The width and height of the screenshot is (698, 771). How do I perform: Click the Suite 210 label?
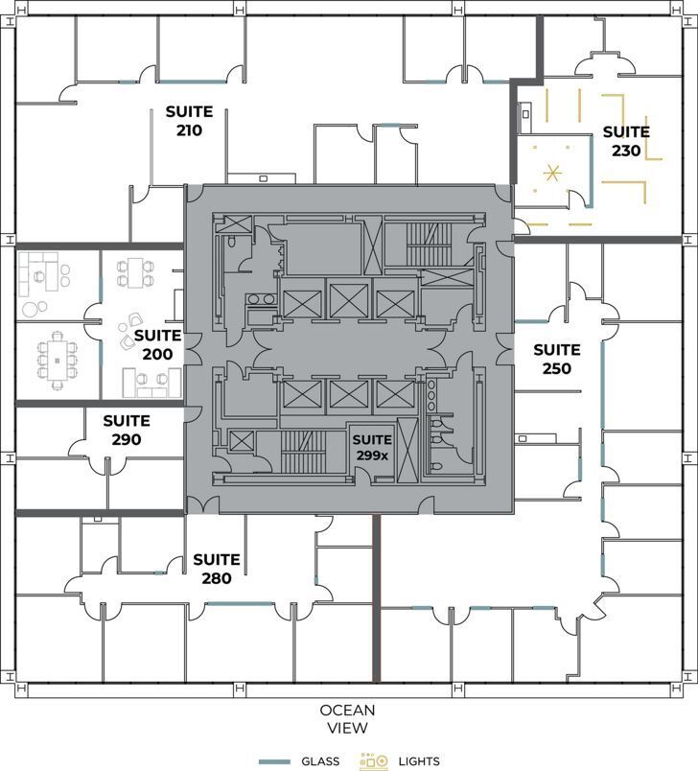tap(189, 121)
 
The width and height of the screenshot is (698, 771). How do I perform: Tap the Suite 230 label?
tap(625, 141)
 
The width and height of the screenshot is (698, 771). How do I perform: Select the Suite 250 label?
tap(556, 359)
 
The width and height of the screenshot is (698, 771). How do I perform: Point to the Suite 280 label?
tap(216, 569)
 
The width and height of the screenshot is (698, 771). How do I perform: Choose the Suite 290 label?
tap(126, 430)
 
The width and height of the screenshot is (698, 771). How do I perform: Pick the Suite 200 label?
tap(158, 344)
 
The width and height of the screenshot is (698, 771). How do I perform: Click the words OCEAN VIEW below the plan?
tap(348, 719)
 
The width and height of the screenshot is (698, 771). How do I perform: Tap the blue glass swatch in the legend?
tap(274, 761)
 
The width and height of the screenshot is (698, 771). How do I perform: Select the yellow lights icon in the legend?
tap(373, 761)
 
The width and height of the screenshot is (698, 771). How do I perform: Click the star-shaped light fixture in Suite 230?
tap(551, 174)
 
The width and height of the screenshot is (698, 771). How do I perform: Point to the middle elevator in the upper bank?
tap(348, 300)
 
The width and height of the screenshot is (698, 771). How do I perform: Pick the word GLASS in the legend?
tap(318, 761)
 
